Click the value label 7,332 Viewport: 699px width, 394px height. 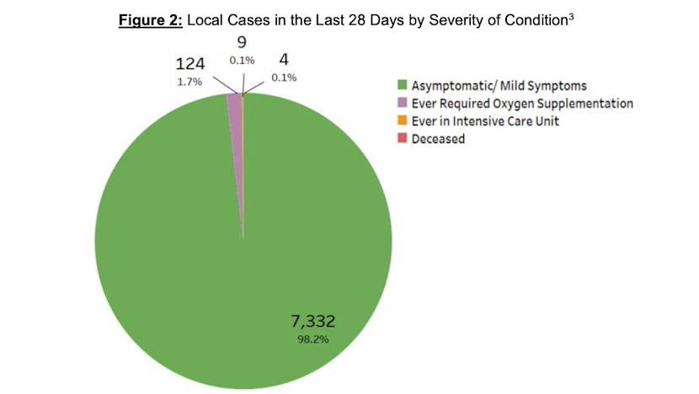pos(313,320)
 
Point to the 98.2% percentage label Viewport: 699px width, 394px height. pos(312,340)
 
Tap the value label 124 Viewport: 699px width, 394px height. pos(189,64)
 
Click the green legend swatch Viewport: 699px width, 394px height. pos(403,84)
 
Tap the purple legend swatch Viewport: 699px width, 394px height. pos(403,103)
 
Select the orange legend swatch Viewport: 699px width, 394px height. pos(403,121)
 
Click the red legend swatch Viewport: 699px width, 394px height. pos(403,139)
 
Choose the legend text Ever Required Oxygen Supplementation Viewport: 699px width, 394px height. pos(522,103)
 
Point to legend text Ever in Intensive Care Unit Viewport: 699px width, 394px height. pos(485,121)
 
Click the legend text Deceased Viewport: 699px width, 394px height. pos(438,139)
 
